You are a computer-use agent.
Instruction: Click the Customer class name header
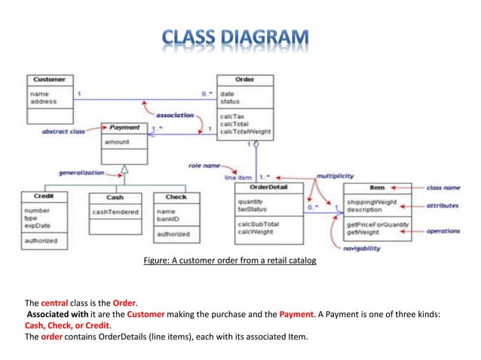50,79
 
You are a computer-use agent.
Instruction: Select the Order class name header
244,79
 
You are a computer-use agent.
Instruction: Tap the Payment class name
124,128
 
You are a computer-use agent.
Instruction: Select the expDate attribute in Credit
38,225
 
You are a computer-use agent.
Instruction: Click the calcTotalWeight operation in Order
244,132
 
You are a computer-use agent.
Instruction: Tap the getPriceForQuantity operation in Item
377,224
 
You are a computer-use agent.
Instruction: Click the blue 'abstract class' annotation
63,131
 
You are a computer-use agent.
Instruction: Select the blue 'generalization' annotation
81,172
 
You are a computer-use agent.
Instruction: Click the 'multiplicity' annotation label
335,175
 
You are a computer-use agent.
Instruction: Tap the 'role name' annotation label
205,165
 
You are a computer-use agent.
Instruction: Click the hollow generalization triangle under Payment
125,169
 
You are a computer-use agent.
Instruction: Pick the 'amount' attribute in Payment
117,142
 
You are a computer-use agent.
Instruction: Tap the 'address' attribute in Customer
43,101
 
